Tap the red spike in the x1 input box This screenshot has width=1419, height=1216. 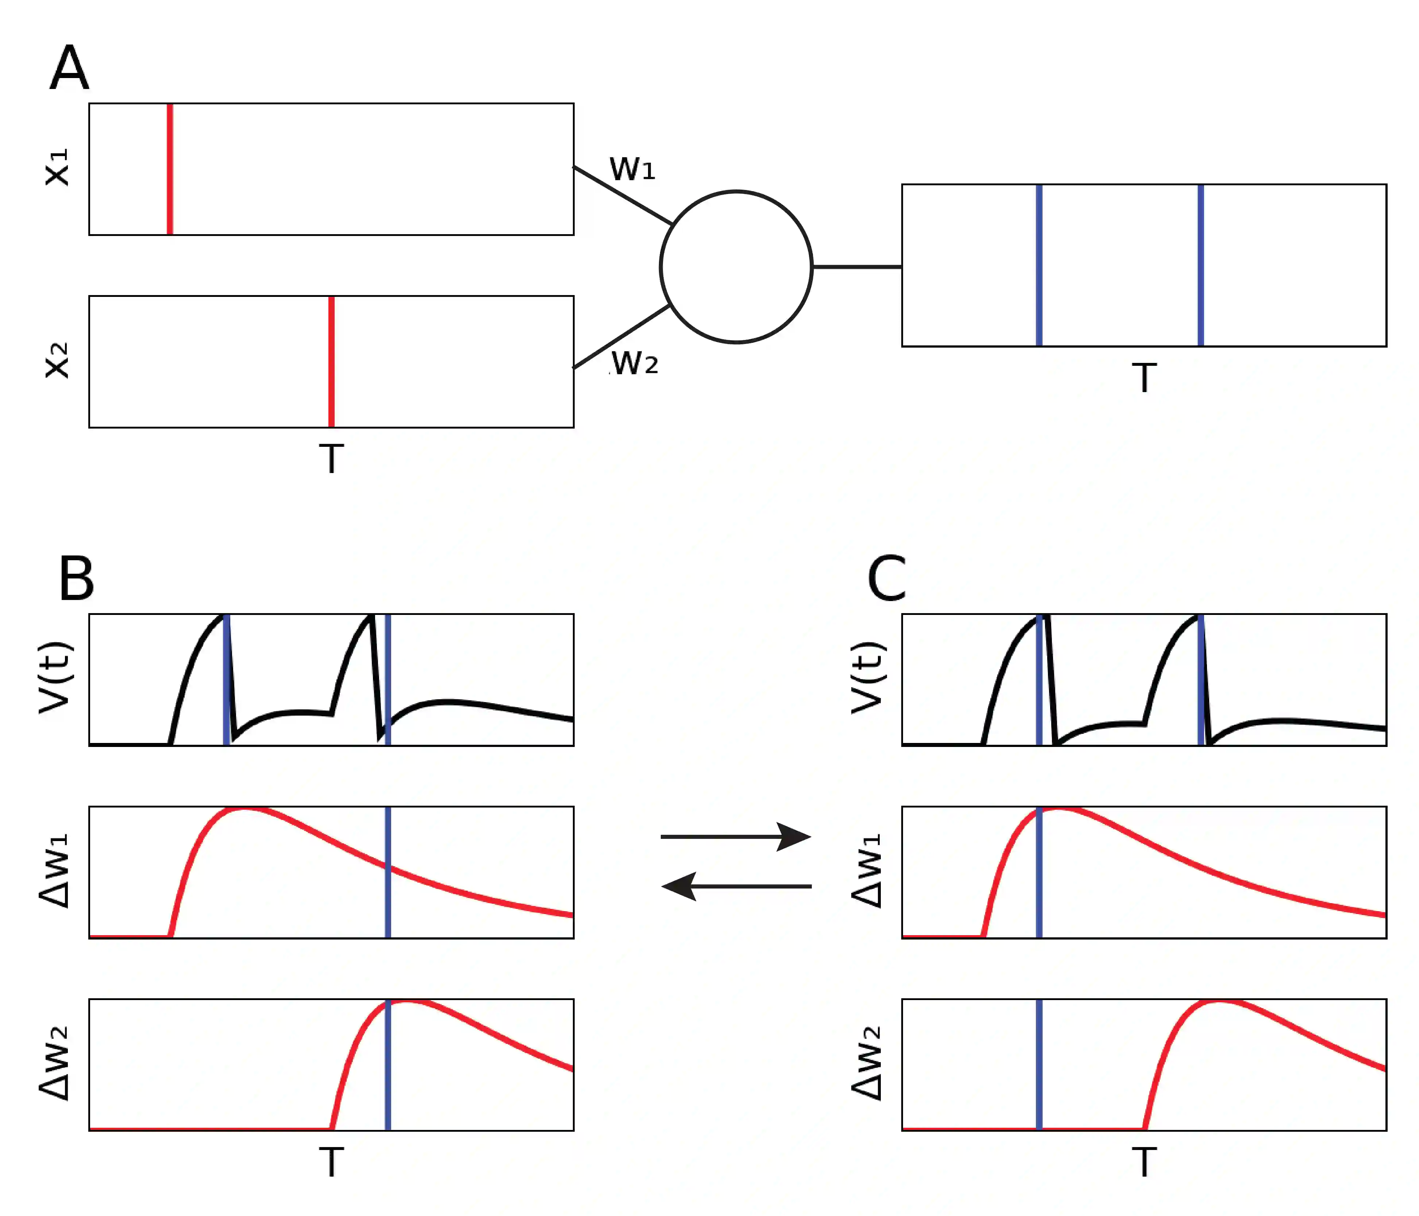coord(170,169)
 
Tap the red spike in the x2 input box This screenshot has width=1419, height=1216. coord(331,361)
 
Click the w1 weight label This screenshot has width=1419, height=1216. coord(632,169)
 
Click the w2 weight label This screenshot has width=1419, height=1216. coord(634,363)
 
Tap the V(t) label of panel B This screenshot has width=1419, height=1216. coord(56,677)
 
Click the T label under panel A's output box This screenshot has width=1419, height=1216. coord(1144,378)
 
